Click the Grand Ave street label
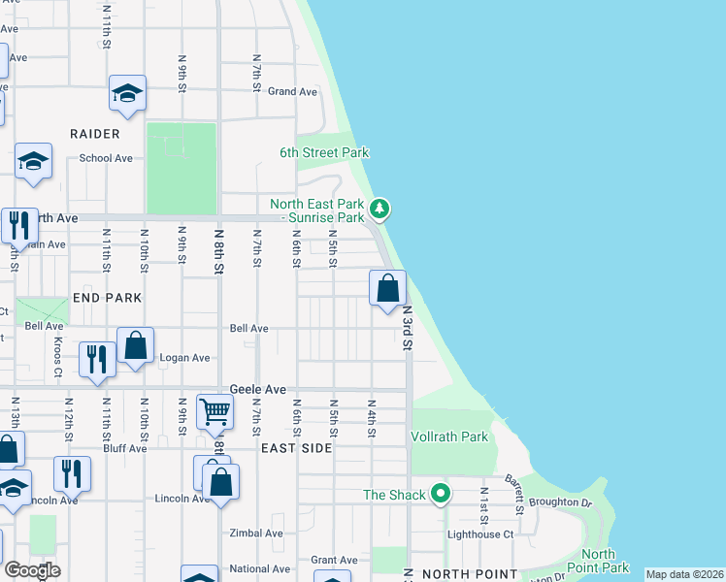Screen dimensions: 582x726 (293, 92)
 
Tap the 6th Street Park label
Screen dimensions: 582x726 (324, 153)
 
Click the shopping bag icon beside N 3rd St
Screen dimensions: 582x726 (387, 288)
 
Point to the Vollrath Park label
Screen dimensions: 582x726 (450, 437)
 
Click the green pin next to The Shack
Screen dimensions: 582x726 (441, 495)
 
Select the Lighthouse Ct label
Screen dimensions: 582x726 (479, 534)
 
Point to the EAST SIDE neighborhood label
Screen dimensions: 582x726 (297, 448)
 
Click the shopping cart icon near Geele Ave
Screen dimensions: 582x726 (214, 411)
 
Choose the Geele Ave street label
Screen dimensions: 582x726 (258, 389)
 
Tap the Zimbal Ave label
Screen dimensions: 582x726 (256, 533)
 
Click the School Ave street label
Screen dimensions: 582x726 (106, 158)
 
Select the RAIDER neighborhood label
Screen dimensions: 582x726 (94, 134)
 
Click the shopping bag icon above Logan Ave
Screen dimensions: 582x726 (135, 345)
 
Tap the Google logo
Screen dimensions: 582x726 (32, 570)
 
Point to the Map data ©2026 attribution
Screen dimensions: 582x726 (684, 574)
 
